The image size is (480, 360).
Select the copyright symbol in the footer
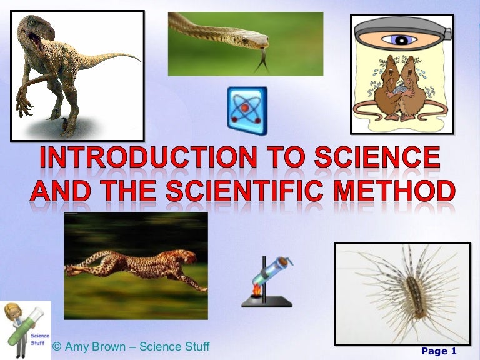tap(57, 347)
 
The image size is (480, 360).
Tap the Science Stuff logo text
tap(39, 339)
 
